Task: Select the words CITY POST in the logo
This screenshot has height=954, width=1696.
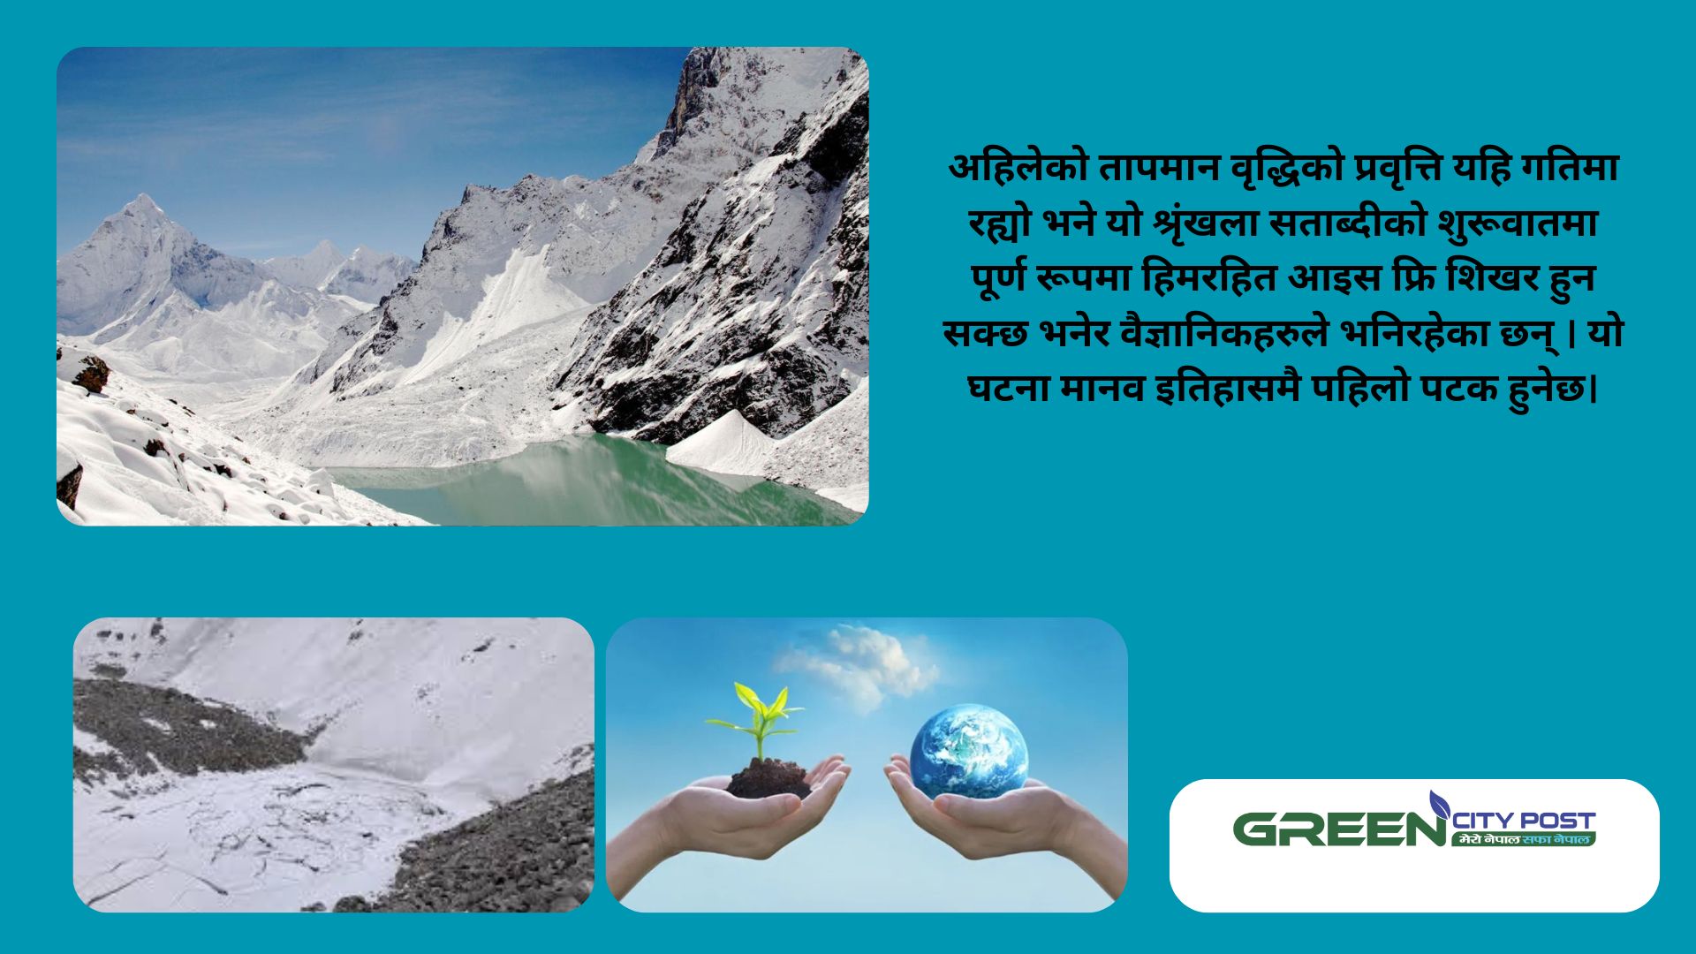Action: coord(1525,821)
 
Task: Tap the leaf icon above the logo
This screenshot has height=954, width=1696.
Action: coord(1439,804)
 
